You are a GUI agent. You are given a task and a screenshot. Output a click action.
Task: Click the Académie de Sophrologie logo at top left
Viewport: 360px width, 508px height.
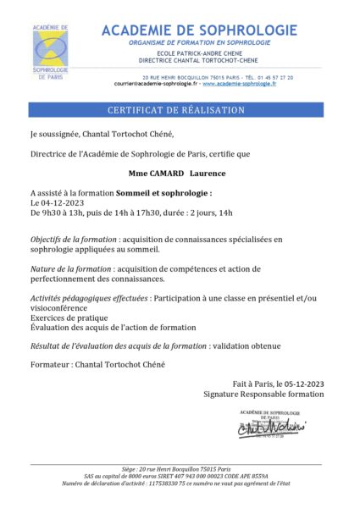coord(52,52)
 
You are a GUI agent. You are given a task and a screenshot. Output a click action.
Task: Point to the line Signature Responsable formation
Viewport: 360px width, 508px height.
coord(263,395)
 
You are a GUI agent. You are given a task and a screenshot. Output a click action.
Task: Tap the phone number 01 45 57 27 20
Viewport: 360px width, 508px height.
coord(274,77)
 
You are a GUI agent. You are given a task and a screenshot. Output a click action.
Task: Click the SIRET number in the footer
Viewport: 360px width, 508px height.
coord(175,476)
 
